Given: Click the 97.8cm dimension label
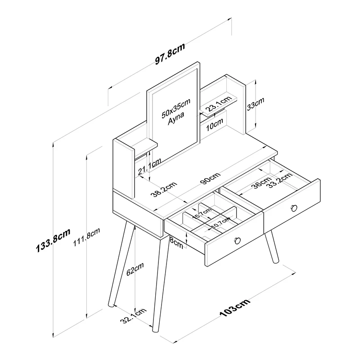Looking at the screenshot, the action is (x=170, y=54).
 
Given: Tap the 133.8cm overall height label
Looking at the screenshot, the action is (x=53, y=240).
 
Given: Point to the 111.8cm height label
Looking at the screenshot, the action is (x=86, y=237).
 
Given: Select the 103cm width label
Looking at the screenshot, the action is (x=234, y=308).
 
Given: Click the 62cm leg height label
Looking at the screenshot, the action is (x=135, y=269).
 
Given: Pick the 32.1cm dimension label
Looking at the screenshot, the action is (x=133, y=316).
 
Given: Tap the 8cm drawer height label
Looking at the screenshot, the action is (x=176, y=243).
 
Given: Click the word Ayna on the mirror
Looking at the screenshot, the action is (x=175, y=118).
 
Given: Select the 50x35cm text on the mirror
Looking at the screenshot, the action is (x=176, y=108).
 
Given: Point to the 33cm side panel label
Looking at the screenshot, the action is (x=255, y=104).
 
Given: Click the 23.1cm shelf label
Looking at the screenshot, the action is (x=218, y=103).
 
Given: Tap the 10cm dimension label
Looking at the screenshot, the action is (x=214, y=125).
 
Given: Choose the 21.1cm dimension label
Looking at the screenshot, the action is (x=149, y=166).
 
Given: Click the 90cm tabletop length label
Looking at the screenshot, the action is (x=210, y=178).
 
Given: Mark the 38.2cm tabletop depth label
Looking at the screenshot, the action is (x=164, y=189).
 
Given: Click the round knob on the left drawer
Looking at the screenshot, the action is (x=237, y=240).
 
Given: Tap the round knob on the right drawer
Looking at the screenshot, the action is (x=294, y=208).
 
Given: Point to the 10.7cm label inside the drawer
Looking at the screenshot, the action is (x=220, y=223).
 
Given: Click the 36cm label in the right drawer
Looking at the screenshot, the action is (x=262, y=183).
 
